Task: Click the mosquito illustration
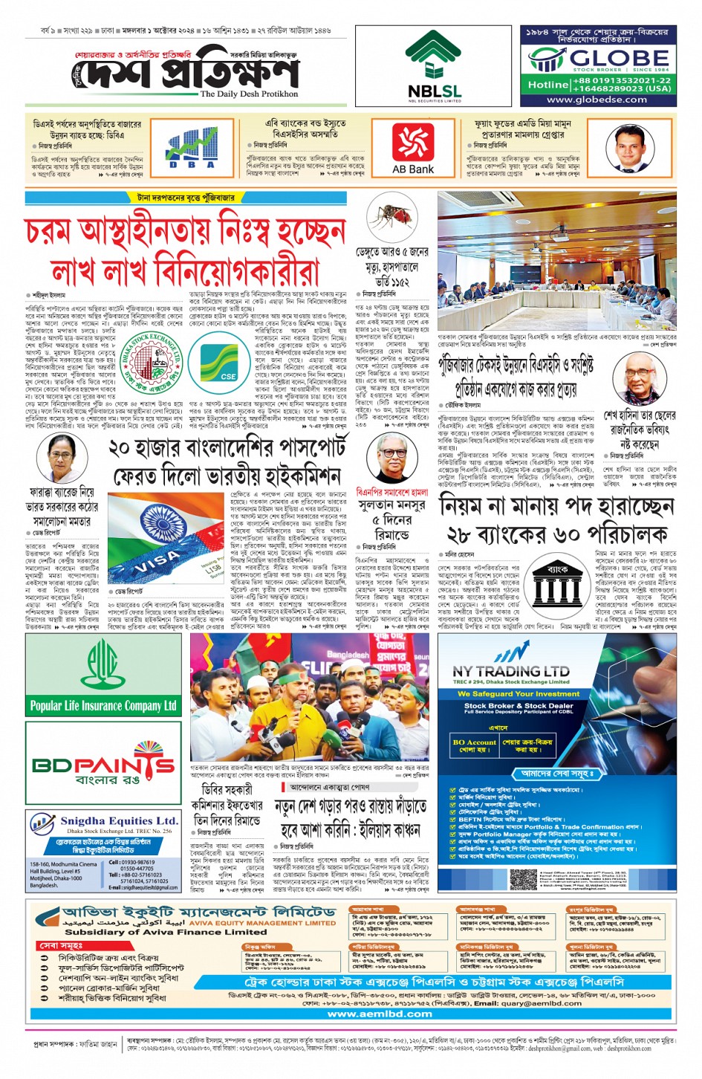[x=391, y=217]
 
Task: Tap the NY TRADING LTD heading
[x=511, y=671]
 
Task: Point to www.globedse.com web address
[x=597, y=100]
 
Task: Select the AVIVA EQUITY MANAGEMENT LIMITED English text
[x=263, y=923]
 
